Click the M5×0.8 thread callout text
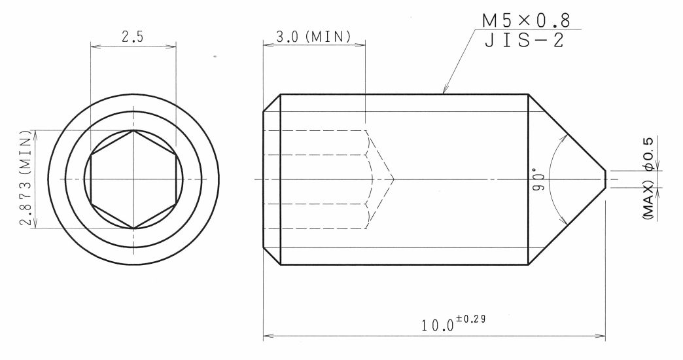coord(526,20)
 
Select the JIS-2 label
coord(525,41)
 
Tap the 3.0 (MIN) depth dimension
coord(313,37)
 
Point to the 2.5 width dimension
coord(132,37)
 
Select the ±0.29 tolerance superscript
coord(470,319)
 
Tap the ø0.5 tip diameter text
coord(648,153)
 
